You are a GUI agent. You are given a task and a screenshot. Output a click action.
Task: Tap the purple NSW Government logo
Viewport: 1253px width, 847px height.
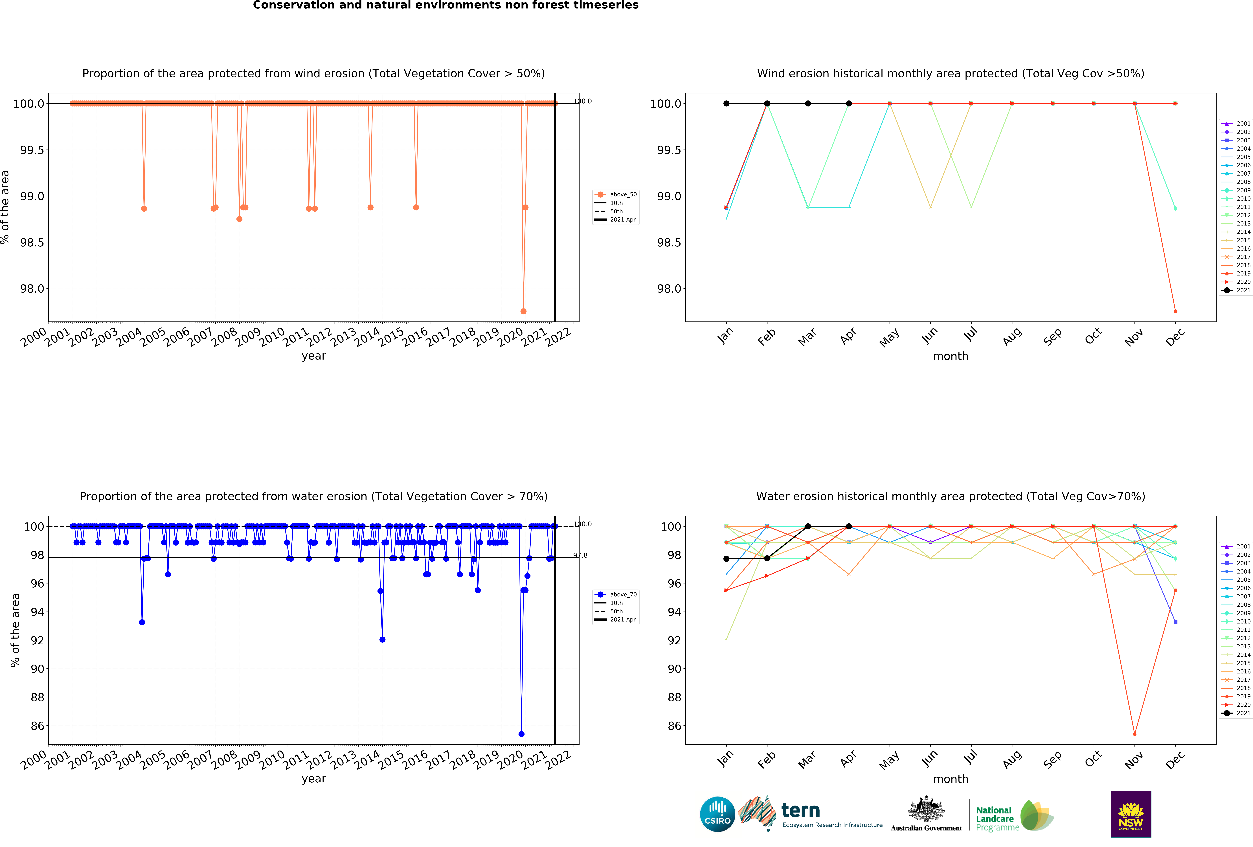point(1131,814)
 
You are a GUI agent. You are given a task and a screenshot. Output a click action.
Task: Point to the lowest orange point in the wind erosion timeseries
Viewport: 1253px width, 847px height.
point(523,311)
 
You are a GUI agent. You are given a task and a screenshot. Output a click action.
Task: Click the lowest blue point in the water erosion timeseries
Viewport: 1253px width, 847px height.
point(521,734)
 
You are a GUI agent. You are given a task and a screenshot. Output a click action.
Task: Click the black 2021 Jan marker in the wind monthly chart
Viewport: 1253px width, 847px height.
point(726,104)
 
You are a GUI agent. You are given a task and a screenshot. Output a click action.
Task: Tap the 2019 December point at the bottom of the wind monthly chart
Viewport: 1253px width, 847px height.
point(1175,311)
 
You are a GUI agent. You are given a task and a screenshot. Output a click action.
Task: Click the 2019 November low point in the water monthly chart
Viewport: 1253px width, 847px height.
point(1134,734)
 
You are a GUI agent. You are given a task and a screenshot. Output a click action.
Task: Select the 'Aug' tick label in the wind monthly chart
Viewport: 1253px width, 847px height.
point(1012,336)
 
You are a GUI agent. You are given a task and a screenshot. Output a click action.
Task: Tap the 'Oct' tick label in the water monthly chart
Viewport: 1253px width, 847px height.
point(1093,759)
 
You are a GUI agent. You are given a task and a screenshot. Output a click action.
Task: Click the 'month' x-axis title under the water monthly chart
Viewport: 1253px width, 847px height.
point(951,779)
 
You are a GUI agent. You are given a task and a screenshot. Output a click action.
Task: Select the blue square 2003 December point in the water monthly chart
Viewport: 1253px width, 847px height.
point(1175,622)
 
